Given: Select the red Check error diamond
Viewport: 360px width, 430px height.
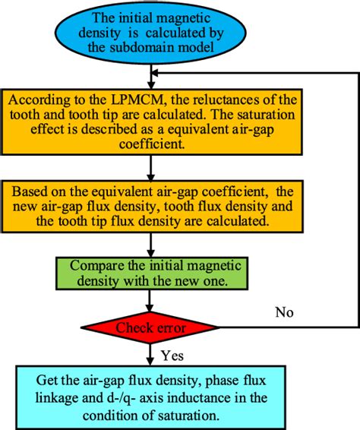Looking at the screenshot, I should [x=153, y=327].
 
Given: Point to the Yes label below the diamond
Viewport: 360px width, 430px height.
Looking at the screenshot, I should [x=172, y=355].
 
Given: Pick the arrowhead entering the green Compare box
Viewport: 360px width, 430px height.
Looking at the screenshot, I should [x=153, y=255].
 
